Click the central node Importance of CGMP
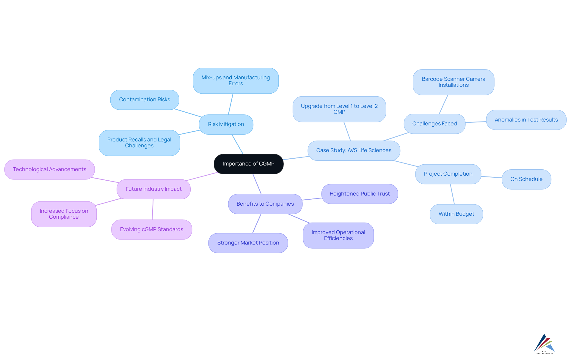[x=249, y=164]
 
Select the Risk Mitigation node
[x=226, y=124]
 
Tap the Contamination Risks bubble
[x=145, y=100]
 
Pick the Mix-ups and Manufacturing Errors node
[x=236, y=81]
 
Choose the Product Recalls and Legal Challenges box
[x=139, y=143]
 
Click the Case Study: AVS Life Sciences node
[x=354, y=151]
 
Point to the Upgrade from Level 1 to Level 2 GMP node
[x=339, y=109]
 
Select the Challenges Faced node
[x=434, y=124]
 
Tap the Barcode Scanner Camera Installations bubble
[x=453, y=82]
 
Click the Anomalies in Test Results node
[x=526, y=120]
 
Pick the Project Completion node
[x=448, y=174]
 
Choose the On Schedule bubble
[x=526, y=179]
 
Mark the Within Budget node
[x=456, y=214]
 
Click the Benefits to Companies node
[x=265, y=204]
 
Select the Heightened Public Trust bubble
[x=360, y=194]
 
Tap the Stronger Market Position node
[x=248, y=243]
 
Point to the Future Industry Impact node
[x=153, y=189]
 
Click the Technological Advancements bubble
[x=49, y=170]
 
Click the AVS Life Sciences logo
[x=544, y=344]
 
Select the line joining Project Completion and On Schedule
[x=491, y=177]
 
